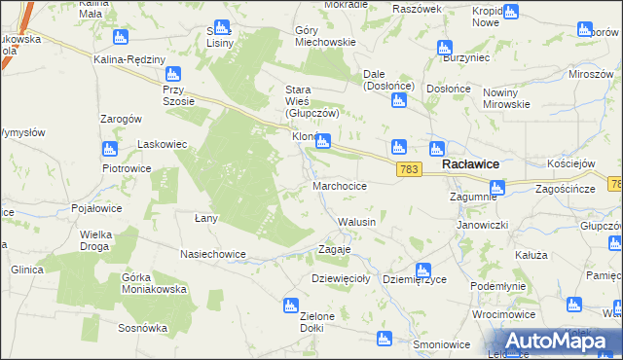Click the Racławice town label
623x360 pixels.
point(471,165)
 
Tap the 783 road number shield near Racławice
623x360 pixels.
point(410,170)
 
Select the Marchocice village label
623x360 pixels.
point(340,185)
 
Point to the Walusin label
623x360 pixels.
point(356,222)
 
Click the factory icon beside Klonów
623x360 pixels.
point(323,141)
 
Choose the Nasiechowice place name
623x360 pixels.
point(213,254)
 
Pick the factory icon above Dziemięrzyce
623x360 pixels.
point(423,270)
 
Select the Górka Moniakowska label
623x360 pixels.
point(153,284)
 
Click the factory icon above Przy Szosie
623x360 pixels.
point(174,74)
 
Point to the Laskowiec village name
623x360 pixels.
point(162,144)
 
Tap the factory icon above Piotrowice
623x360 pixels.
point(109,149)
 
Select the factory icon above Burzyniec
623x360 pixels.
point(445,48)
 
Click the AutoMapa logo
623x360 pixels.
point(551,342)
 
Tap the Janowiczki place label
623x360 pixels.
point(484,224)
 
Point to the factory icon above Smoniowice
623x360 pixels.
point(385,339)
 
